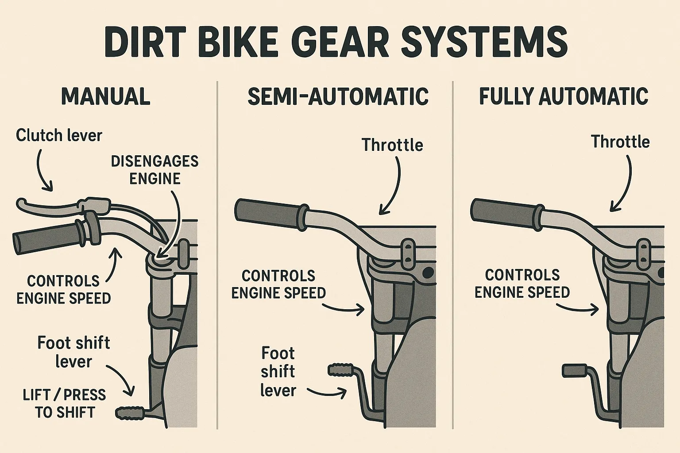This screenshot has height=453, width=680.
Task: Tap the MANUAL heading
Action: pyautogui.click(x=106, y=96)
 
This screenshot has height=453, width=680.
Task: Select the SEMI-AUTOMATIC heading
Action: pyautogui.click(x=338, y=96)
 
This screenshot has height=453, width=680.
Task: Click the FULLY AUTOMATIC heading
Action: pyautogui.click(x=564, y=96)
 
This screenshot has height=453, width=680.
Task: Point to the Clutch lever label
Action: pyautogui.click(x=59, y=135)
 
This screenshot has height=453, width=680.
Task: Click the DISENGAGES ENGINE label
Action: pyautogui.click(x=155, y=170)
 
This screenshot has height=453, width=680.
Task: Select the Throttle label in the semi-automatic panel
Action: pyautogui.click(x=392, y=145)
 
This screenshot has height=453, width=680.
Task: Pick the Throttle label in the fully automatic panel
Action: pyautogui.click(x=620, y=142)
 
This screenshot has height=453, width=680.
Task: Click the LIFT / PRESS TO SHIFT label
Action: pyautogui.click(x=65, y=403)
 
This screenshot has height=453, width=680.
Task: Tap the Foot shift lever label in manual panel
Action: pyautogui.click(x=73, y=352)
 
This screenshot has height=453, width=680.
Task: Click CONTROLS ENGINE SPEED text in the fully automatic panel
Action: pyautogui.click(x=522, y=284)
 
